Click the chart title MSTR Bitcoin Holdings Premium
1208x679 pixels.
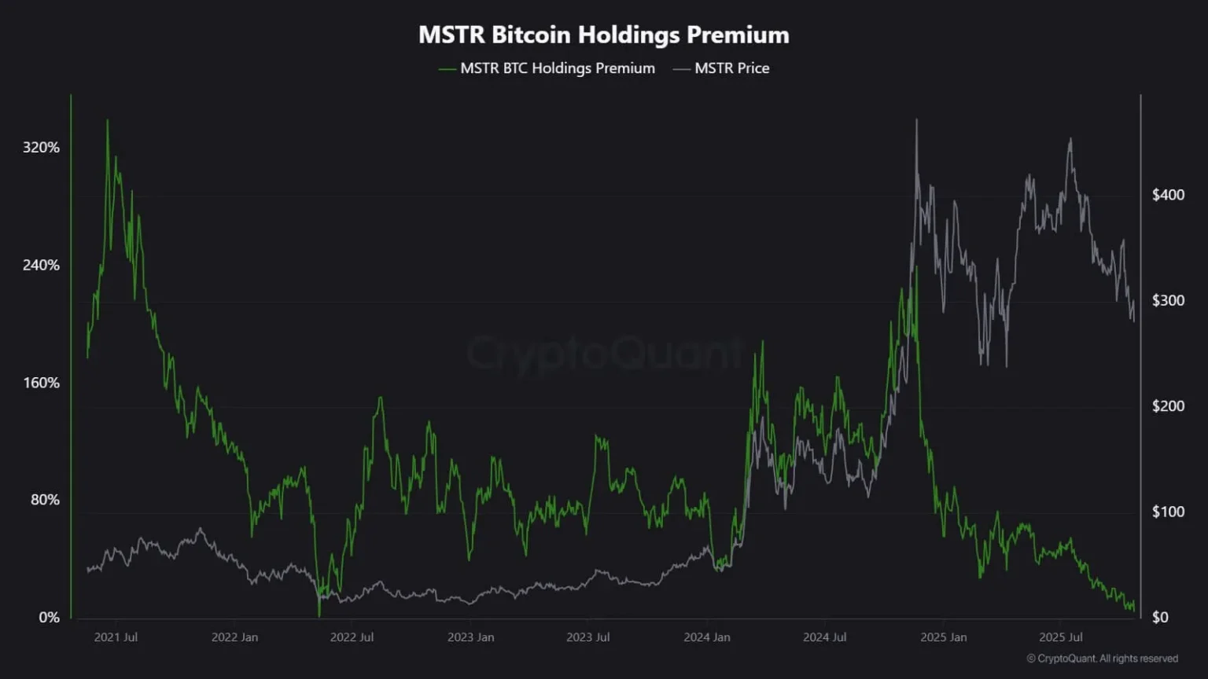tap(603, 35)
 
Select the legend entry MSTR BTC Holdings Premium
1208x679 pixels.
tap(557, 68)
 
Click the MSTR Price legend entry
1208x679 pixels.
tap(731, 68)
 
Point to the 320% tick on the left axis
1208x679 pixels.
tap(41, 148)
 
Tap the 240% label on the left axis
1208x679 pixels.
tap(41, 266)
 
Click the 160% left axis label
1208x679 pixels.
tap(41, 383)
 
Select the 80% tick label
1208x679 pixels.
tap(45, 500)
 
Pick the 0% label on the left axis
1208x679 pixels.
tap(49, 618)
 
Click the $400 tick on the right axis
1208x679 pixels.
tap(1168, 195)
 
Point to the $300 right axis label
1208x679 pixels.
tap(1168, 300)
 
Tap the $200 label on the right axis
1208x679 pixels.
tap(1168, 406)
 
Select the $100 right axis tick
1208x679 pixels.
tap(1168, 512)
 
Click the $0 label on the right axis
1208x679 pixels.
tap(1160, 618)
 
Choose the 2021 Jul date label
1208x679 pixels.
tap(116, 637)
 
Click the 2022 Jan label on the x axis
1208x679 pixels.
tap(234, 637)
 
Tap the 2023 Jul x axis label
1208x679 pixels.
tap(588, 637)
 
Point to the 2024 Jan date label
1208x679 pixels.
tap(707, 637)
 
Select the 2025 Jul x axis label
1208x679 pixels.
tap(1061, 637)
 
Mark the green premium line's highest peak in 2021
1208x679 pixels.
tap(108, 120)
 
